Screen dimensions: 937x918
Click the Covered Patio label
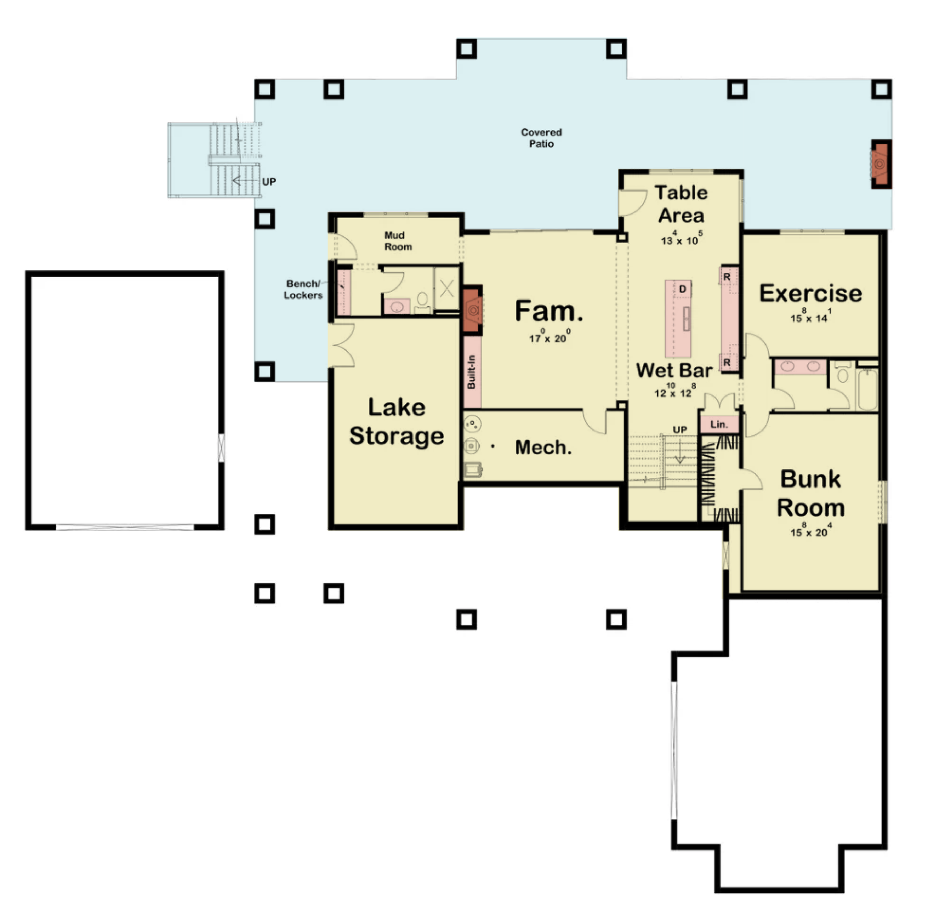click(541, 138)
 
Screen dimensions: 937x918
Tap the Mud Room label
click(398, 241)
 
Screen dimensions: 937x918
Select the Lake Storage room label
click(396, 422)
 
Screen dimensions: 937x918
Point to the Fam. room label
click(549, 311)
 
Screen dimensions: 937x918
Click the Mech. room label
click(543, 447)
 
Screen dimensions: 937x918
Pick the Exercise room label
click(811, 293)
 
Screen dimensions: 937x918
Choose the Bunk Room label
click(811, 494)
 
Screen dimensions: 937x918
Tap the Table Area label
click(681, 204)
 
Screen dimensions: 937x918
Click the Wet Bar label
click(674, 370)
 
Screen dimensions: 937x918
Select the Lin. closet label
click(719, 424)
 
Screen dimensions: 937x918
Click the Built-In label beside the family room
click(472, 372)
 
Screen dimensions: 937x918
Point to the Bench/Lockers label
click(303, 289)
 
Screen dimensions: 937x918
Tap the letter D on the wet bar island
click(683, 289)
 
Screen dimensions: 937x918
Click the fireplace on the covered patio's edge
click(881, 164)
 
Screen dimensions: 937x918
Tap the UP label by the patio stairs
click(268, 182)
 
